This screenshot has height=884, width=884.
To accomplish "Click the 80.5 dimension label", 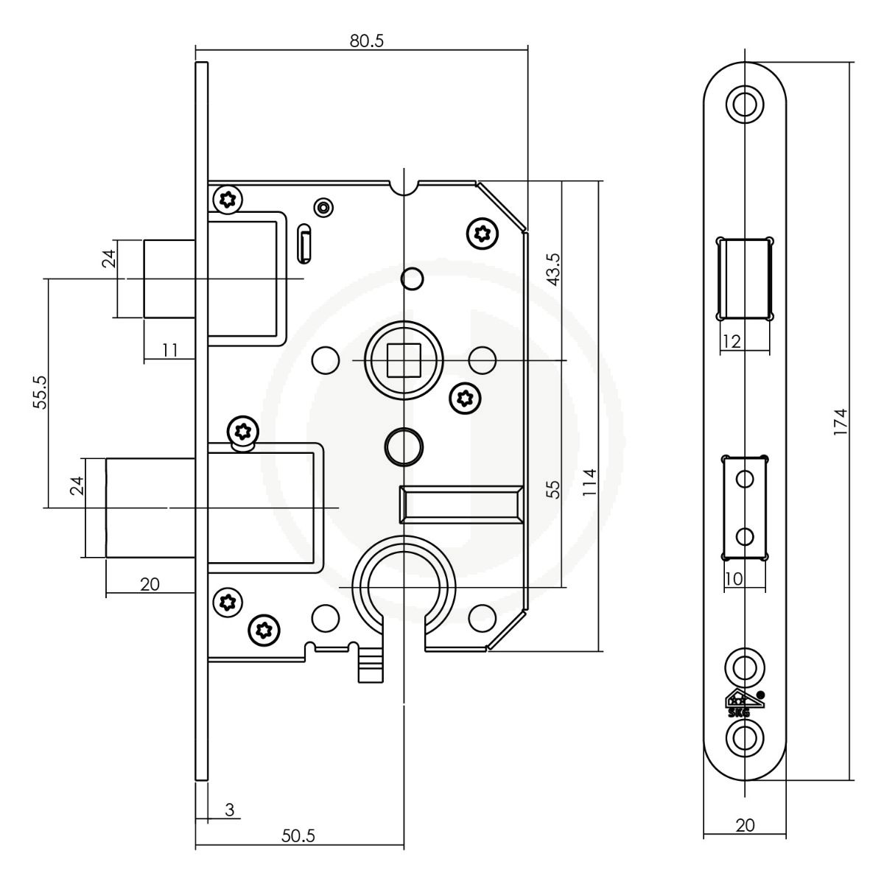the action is tap(366, 41).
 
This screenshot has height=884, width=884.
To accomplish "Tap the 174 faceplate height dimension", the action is tap(841, 421).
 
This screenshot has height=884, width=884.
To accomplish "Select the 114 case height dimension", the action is tap(589, 482).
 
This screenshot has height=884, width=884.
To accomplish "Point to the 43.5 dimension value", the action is tap(554, 270).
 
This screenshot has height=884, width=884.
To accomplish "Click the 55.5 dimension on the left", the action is tap(40, 392).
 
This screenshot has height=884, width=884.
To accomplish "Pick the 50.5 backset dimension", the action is tap(298, 836).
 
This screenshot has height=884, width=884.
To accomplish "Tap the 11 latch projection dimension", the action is tap(169, 351).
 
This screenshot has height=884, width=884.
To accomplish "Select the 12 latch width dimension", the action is tap(732, 341).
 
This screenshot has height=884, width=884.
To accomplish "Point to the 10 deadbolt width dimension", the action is tap(734, 579).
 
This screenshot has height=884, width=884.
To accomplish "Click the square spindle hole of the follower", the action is tap(404, 360).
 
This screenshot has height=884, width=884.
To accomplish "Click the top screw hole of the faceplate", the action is tap(745, 104).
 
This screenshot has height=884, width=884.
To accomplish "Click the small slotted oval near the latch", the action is tap(304, 243).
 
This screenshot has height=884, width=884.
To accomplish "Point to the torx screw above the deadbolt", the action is tap(243, 431).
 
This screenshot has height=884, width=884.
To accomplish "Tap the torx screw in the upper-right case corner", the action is tap(482, 234).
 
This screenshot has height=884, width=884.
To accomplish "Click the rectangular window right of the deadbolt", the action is tap(461, 504).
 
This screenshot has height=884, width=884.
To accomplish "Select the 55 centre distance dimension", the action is tap(554, 489).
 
